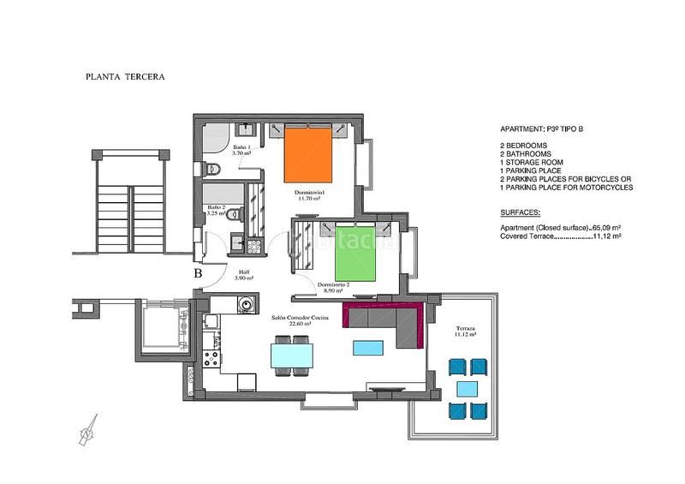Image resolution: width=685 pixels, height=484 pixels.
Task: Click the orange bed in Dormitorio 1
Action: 307,154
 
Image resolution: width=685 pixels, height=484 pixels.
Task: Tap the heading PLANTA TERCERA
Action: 125,76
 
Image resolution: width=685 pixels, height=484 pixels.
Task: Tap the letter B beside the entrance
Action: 198,274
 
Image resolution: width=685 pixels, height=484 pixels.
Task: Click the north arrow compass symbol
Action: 87,430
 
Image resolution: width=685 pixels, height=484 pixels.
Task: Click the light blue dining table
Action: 291,355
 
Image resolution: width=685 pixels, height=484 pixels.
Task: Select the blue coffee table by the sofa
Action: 369,347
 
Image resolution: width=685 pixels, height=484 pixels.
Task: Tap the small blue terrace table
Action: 468,389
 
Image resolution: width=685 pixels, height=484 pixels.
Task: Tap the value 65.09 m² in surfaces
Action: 605,227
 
